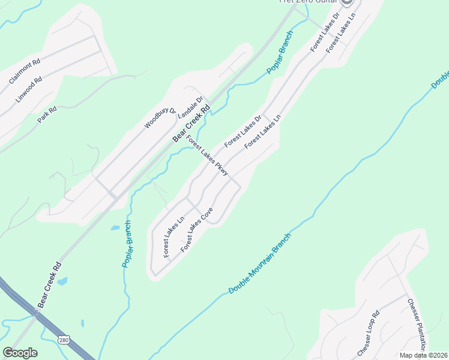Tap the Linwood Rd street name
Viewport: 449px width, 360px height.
(29, 88)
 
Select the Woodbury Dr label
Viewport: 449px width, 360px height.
(159, 119)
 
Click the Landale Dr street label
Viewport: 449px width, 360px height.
(193, 108)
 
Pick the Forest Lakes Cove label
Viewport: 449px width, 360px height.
(197, 229)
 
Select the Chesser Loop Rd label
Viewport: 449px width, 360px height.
(369, 332)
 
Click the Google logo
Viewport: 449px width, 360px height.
(20, 353)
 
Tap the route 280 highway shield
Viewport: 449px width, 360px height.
(64, 340)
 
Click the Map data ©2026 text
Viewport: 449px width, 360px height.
(424, 355)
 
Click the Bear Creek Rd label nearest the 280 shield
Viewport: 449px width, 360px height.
(49, 285)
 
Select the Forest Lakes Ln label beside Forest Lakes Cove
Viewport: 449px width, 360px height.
(173, 238)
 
